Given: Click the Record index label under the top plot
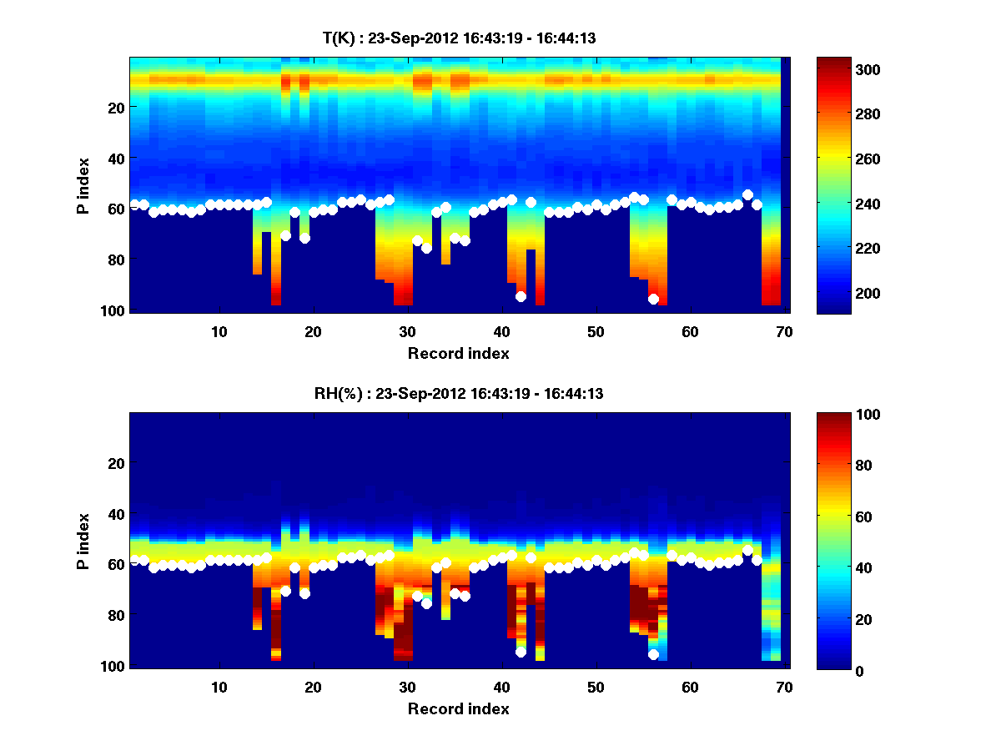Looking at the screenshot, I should click(x=458, y=353).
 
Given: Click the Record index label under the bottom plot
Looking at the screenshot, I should click(x=458, y=708).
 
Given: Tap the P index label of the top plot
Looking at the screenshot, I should click(x=83, y=185).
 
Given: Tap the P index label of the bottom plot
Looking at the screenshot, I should click(x=83, y=541).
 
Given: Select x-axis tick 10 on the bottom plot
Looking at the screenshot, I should click(x=219, y=687).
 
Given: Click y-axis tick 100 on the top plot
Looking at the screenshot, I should click(x=113, y=310).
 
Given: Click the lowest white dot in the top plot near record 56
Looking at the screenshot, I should click(x=653, y=299).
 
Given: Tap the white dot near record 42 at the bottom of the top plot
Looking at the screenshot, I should click(x=521, y=296).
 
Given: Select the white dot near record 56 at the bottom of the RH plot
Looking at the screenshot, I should click(x=653, y=654).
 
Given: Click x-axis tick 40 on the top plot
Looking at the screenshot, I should click(x=500, y=331).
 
